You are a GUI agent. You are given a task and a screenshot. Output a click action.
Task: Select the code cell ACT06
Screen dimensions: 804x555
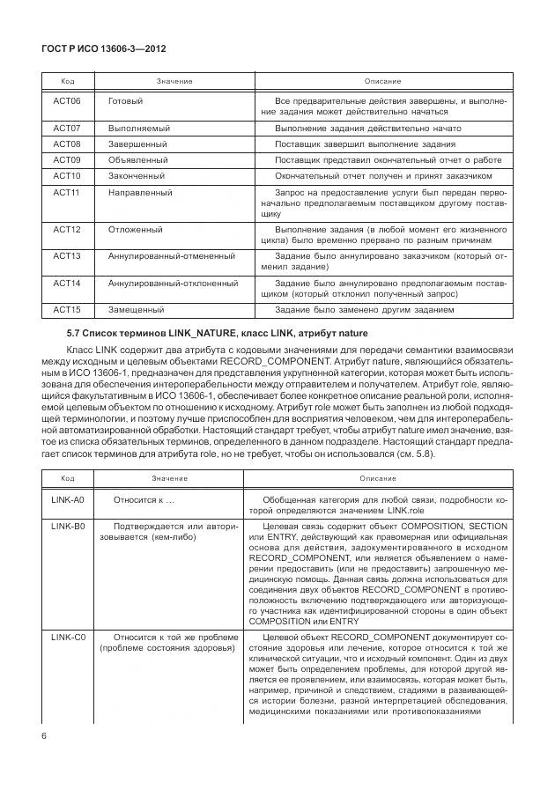[67, 100]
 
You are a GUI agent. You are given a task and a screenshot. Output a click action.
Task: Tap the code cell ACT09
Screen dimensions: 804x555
[67, 159]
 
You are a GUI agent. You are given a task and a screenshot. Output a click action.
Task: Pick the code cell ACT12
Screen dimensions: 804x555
[67, 229]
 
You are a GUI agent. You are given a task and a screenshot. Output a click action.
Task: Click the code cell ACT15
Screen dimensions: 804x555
[67, 309]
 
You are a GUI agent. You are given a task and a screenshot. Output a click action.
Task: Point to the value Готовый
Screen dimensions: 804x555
[125, 100]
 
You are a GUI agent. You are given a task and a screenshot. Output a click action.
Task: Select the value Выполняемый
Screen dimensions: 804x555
[138, 128]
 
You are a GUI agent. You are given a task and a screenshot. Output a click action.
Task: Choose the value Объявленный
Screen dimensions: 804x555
[137, 159]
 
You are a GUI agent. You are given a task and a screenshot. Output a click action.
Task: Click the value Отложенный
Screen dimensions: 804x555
[135, 229]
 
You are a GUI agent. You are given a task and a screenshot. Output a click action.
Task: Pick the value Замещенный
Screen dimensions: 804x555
[136, 309]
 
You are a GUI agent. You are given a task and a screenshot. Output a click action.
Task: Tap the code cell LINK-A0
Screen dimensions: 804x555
[67, 499]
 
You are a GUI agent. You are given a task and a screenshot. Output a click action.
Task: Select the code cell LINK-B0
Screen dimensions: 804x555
[67, 526]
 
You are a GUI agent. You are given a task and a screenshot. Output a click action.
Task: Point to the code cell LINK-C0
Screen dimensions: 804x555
[67, 636]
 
